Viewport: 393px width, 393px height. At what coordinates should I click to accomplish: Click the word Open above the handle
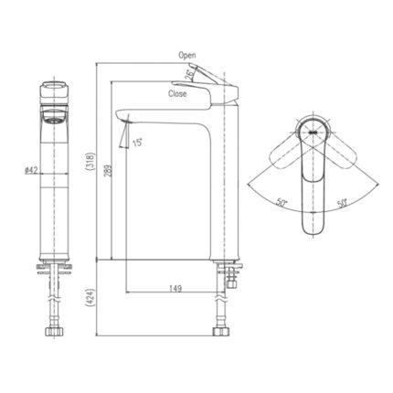coord(186,56)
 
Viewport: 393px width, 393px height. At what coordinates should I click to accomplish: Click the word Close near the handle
coord(179,93)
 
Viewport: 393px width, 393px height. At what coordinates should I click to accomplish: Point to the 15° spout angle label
coord(137,142)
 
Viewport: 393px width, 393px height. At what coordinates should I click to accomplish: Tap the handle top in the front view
coord(53,90)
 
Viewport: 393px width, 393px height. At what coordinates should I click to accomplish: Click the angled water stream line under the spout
coord(120,135)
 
